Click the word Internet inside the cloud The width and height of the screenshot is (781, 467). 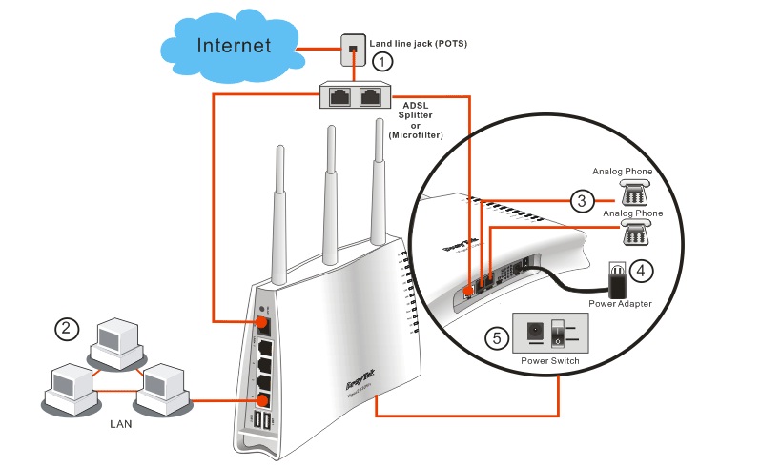pyautogui.click(x=234, y=45)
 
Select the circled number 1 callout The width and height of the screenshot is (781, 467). pyautogui.click(x=382, y=62)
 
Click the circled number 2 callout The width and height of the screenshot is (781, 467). pyautogui.click(x=65, y=329)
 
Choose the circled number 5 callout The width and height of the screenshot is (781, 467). pyautogui.click(x=494, y=336)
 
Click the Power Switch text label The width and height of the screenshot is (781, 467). pyautogui.click(x=548, y=362)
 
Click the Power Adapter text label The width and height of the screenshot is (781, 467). pyautogui.click(x=619, y=304)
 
